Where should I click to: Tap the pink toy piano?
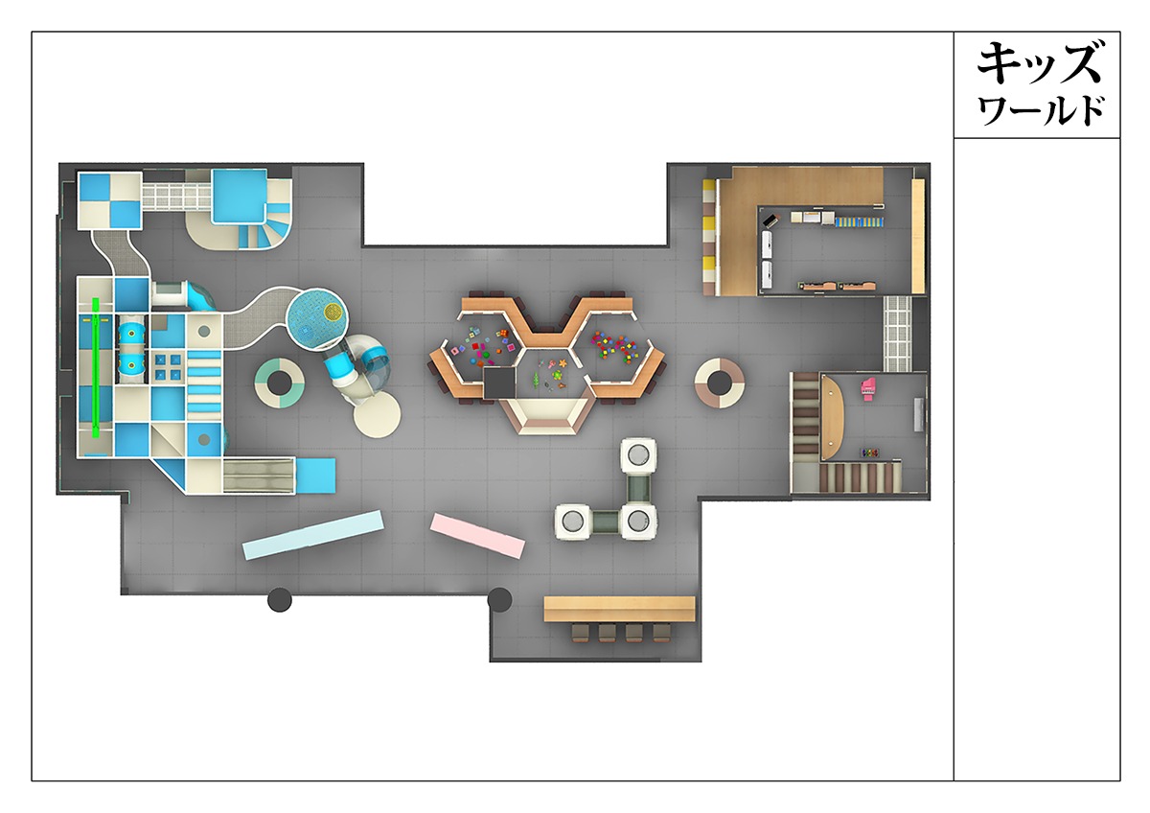[868, 387]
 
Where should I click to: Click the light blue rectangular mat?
[313, 535]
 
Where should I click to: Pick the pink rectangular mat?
[477, 536]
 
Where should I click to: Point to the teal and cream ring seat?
[280, 383]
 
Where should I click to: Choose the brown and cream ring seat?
[720, 383]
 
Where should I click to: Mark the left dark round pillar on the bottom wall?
[280, 600]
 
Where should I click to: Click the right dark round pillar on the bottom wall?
[499, 600]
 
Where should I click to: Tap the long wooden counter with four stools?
[619, 609]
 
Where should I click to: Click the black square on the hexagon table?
[500, 383]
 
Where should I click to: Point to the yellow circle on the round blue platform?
[333, 312]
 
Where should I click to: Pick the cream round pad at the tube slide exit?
[377, 415]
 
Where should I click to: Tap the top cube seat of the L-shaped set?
[638, 455]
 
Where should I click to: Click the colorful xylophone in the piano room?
[868, 453]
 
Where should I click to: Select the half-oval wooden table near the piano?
[832, 416]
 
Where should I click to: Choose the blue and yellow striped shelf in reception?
[860, 221]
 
